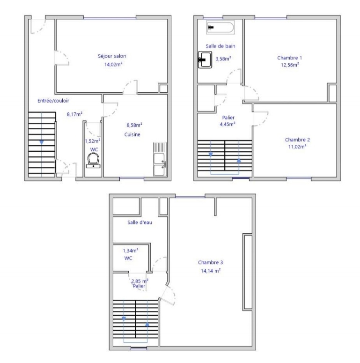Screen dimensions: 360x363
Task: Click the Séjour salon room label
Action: pyautogui.click(x=112, y=56)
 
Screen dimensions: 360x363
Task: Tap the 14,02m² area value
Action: pyautogui.click(x=113, y=64)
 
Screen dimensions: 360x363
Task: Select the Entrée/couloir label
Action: pyautogui.click(x=53, y=101)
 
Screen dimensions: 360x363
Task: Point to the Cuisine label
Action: pyautogui.click(x=132, y=134)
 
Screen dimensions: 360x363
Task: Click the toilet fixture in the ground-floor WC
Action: pyautogui.click(x=94, y=160)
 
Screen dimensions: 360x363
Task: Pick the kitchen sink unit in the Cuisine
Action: pyautogui.click(x=160, y=159)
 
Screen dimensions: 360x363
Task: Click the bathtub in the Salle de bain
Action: pyautogui.click(x=220, y=27)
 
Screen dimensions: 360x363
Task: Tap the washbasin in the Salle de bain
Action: pyautogui.click(x=205, y=60)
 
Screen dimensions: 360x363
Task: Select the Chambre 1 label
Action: pyautogui.click(x=289, y=58)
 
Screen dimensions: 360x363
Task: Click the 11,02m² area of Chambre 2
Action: pyautogui.click(x=297, y=147)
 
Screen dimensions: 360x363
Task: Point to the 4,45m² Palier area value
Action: pyautogui.click(x=228, y=124)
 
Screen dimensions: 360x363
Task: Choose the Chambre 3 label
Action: pyautogui.click(x=211, y=262)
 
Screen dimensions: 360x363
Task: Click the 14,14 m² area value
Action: pyautogui.click(x=211, y=271)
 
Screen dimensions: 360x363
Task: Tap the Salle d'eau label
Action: pyautogui.click(x=140, y=222)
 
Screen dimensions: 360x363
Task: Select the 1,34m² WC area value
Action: pyautogui.click(x=131, y=251)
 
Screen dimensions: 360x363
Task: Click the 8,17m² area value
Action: pyautogui.click(x=75, y=114)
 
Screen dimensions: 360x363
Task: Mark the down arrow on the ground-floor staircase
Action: pyautogui.click(x=42, y=142)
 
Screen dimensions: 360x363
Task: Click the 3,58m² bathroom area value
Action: pyautogui.click(x=223, y=59)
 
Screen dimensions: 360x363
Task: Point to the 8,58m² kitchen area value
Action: pyautogui.click(x=134, y=125)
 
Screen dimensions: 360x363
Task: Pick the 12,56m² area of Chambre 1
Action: pyautogui.click(x=290, y=65)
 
